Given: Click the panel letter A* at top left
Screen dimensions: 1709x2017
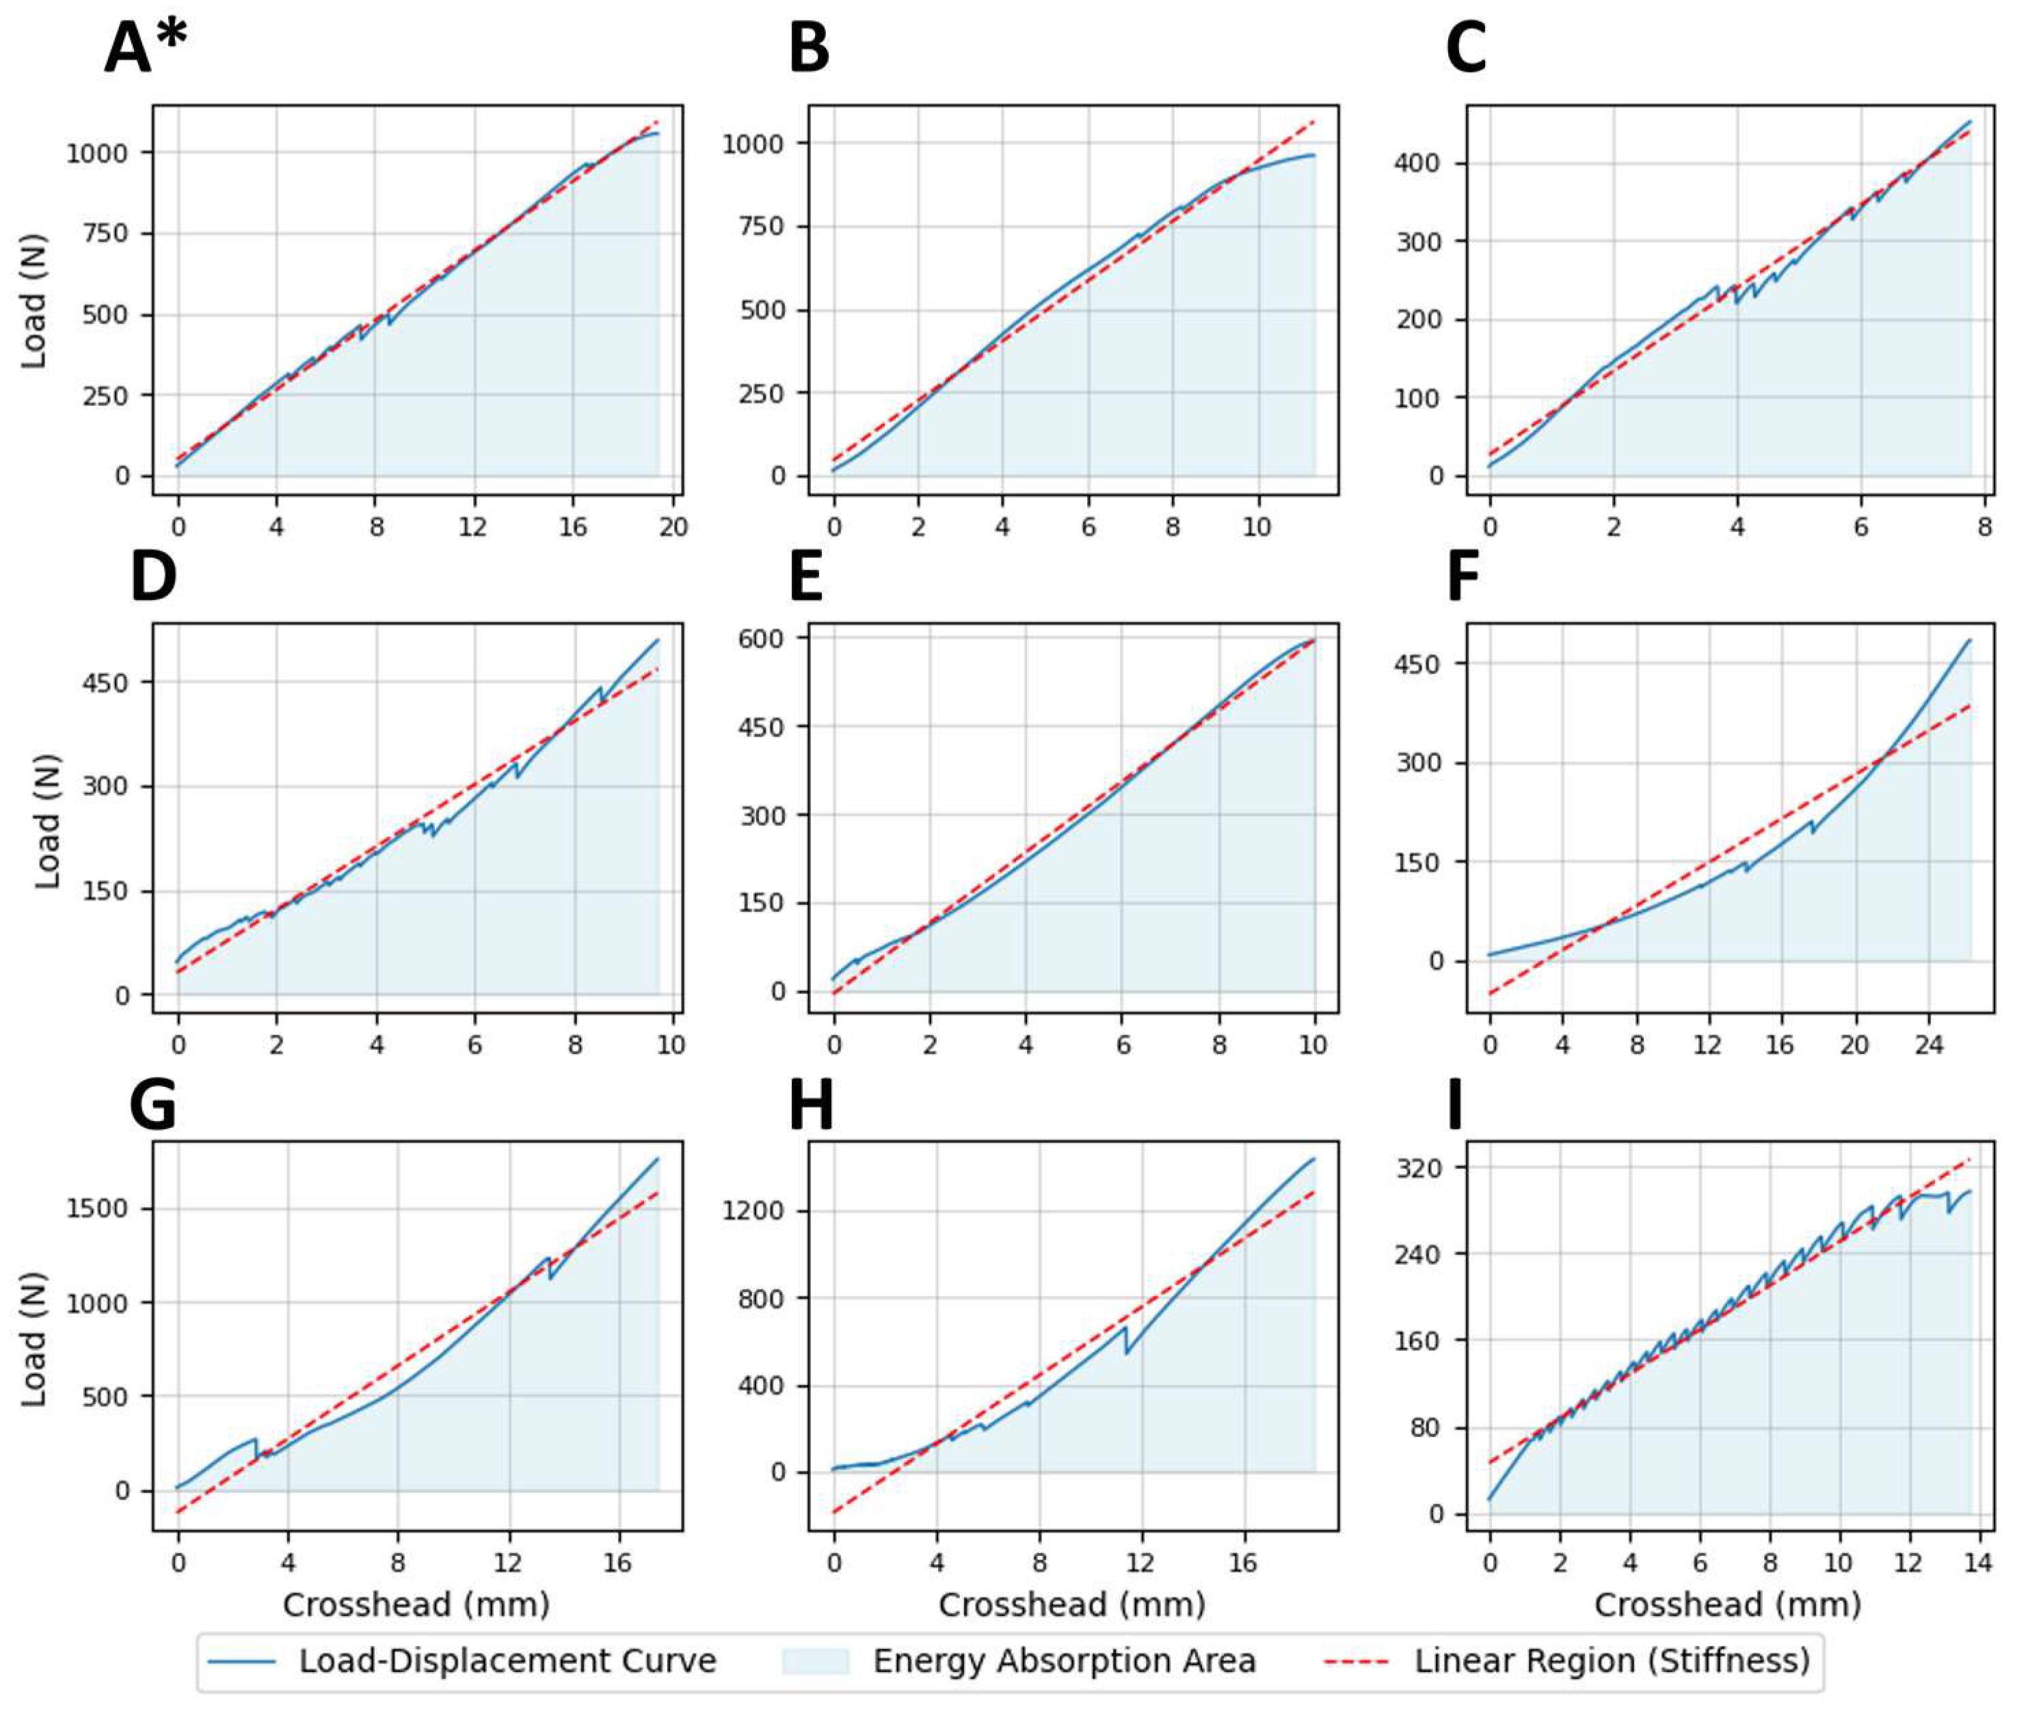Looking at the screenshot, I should click(146, 49).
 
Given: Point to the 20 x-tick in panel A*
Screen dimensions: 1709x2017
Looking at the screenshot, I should click(672, 527).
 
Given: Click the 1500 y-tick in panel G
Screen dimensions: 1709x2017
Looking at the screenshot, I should click(97, 1209).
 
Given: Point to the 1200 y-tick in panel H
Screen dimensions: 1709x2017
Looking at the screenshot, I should click(753, 1212).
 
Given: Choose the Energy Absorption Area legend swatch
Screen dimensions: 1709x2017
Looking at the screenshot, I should click(815, 1660).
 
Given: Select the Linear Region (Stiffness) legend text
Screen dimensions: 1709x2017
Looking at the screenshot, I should click(1611, 1660).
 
